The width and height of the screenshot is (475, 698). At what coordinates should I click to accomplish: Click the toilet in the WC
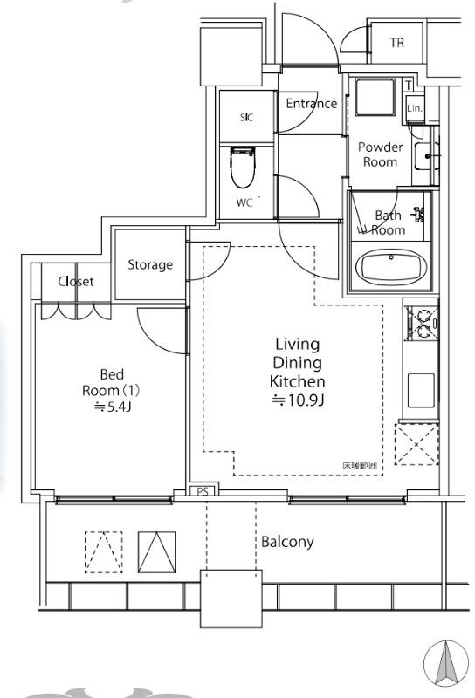coord(243,168)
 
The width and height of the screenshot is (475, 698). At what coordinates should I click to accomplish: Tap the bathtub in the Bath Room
coord(391,267)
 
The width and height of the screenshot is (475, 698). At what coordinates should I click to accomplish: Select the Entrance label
coord(312,104)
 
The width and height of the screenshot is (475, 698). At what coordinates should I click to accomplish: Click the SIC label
coord(246,117)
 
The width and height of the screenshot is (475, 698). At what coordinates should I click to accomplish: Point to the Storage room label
coord(150,265)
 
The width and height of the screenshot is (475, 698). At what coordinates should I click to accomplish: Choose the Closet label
coord(76,281)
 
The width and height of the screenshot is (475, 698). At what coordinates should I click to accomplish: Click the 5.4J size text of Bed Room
coord(113,407)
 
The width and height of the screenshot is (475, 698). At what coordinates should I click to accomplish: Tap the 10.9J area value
coord(298,400)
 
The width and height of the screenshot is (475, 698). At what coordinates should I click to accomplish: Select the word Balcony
coord(287,542)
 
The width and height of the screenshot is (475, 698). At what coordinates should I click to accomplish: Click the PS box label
coord(203,492)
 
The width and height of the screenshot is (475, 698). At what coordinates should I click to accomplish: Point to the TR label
coord(396,43)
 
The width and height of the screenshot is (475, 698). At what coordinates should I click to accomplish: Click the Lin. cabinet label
coord(415,108)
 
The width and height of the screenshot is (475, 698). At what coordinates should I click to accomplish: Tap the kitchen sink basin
coord(421,390)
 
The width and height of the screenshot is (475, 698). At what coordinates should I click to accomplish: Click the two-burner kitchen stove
coord(422,324)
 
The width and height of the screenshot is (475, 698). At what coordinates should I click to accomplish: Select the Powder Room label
coord(380,154)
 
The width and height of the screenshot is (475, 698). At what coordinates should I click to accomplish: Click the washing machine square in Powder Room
coord(375,98)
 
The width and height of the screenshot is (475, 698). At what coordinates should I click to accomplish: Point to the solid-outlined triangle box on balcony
coord(157,552)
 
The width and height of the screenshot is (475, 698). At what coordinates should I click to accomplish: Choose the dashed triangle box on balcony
coord(104,552)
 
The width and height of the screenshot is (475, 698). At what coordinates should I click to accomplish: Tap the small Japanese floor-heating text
coord(360,466)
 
